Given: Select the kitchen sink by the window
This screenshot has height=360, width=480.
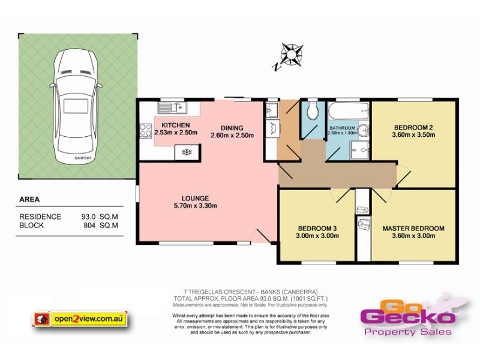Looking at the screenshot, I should point(173,108).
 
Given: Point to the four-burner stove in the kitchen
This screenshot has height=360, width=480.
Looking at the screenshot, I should point(146,131).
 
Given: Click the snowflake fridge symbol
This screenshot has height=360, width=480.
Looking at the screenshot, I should point(187,152).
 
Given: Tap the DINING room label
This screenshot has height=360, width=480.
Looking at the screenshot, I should point(232,128).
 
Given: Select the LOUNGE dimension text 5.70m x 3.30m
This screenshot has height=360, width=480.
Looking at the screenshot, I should point(196,206).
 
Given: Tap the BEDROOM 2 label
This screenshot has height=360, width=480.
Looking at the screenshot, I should point(413,127).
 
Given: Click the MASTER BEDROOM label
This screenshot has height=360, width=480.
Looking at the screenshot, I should point(413,229).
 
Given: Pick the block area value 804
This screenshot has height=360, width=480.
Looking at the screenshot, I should point(91,226).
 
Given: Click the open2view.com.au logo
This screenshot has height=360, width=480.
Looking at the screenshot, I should point(80,319).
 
